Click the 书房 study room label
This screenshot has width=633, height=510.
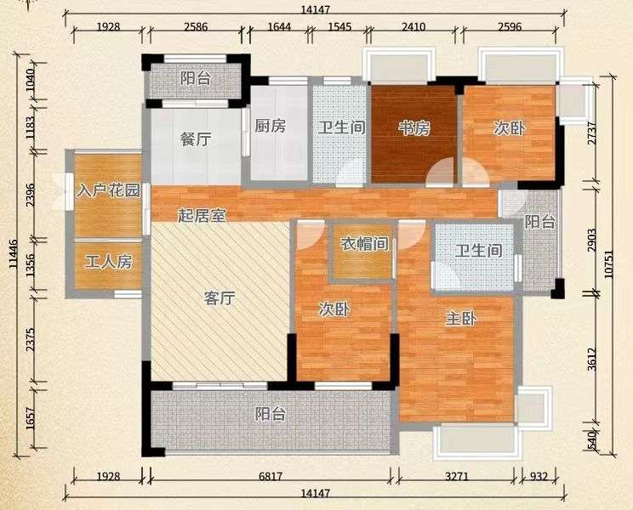point(414,128)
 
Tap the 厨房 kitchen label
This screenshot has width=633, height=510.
point(270,126)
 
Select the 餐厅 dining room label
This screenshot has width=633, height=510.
point(196,139)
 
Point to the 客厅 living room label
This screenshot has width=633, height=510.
point(220,298)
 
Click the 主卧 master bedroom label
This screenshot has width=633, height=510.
point(461,319)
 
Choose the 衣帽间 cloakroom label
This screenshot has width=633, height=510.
point(364,244)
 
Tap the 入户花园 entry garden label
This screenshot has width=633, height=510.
point(108,190)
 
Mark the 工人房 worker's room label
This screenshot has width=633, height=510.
point(108,263)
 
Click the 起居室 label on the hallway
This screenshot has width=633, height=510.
point(202,216)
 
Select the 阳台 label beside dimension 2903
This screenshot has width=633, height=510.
point(540,222)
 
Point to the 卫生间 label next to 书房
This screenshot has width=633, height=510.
point(341,127)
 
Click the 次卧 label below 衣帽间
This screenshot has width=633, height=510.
point(334,309)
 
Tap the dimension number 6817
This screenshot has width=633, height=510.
point(271,477)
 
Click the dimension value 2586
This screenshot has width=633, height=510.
point(196,27)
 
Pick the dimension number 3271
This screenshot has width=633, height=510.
point(457,477)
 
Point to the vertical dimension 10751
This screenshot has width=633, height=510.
point(609,264)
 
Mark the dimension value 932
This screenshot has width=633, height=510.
point(539,477)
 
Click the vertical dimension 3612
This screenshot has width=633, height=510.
point(592,365)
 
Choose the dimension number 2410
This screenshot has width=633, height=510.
point(414,27)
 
